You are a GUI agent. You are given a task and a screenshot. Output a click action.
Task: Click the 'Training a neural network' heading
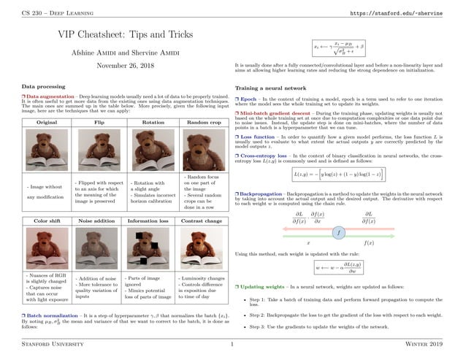tap(271, 88)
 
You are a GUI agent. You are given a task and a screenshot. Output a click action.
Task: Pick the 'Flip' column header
tap(99, 123)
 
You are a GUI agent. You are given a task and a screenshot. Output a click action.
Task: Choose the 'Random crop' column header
tap(198, 123)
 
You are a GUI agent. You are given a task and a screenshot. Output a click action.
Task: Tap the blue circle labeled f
tap(338, 232)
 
